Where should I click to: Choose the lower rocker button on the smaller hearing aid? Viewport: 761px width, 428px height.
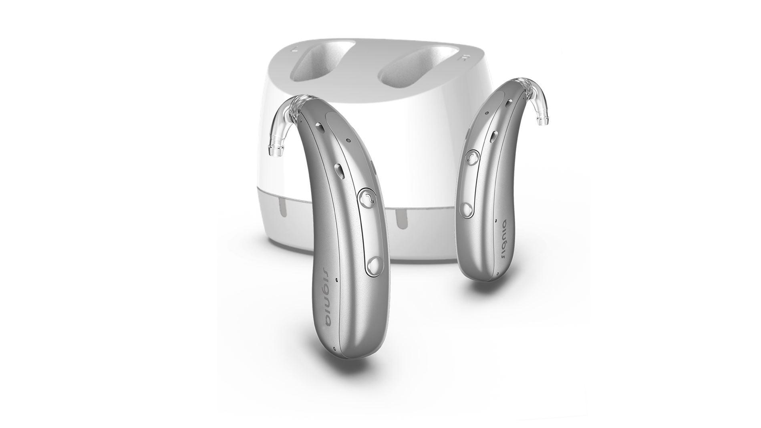tap(467, 209)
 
